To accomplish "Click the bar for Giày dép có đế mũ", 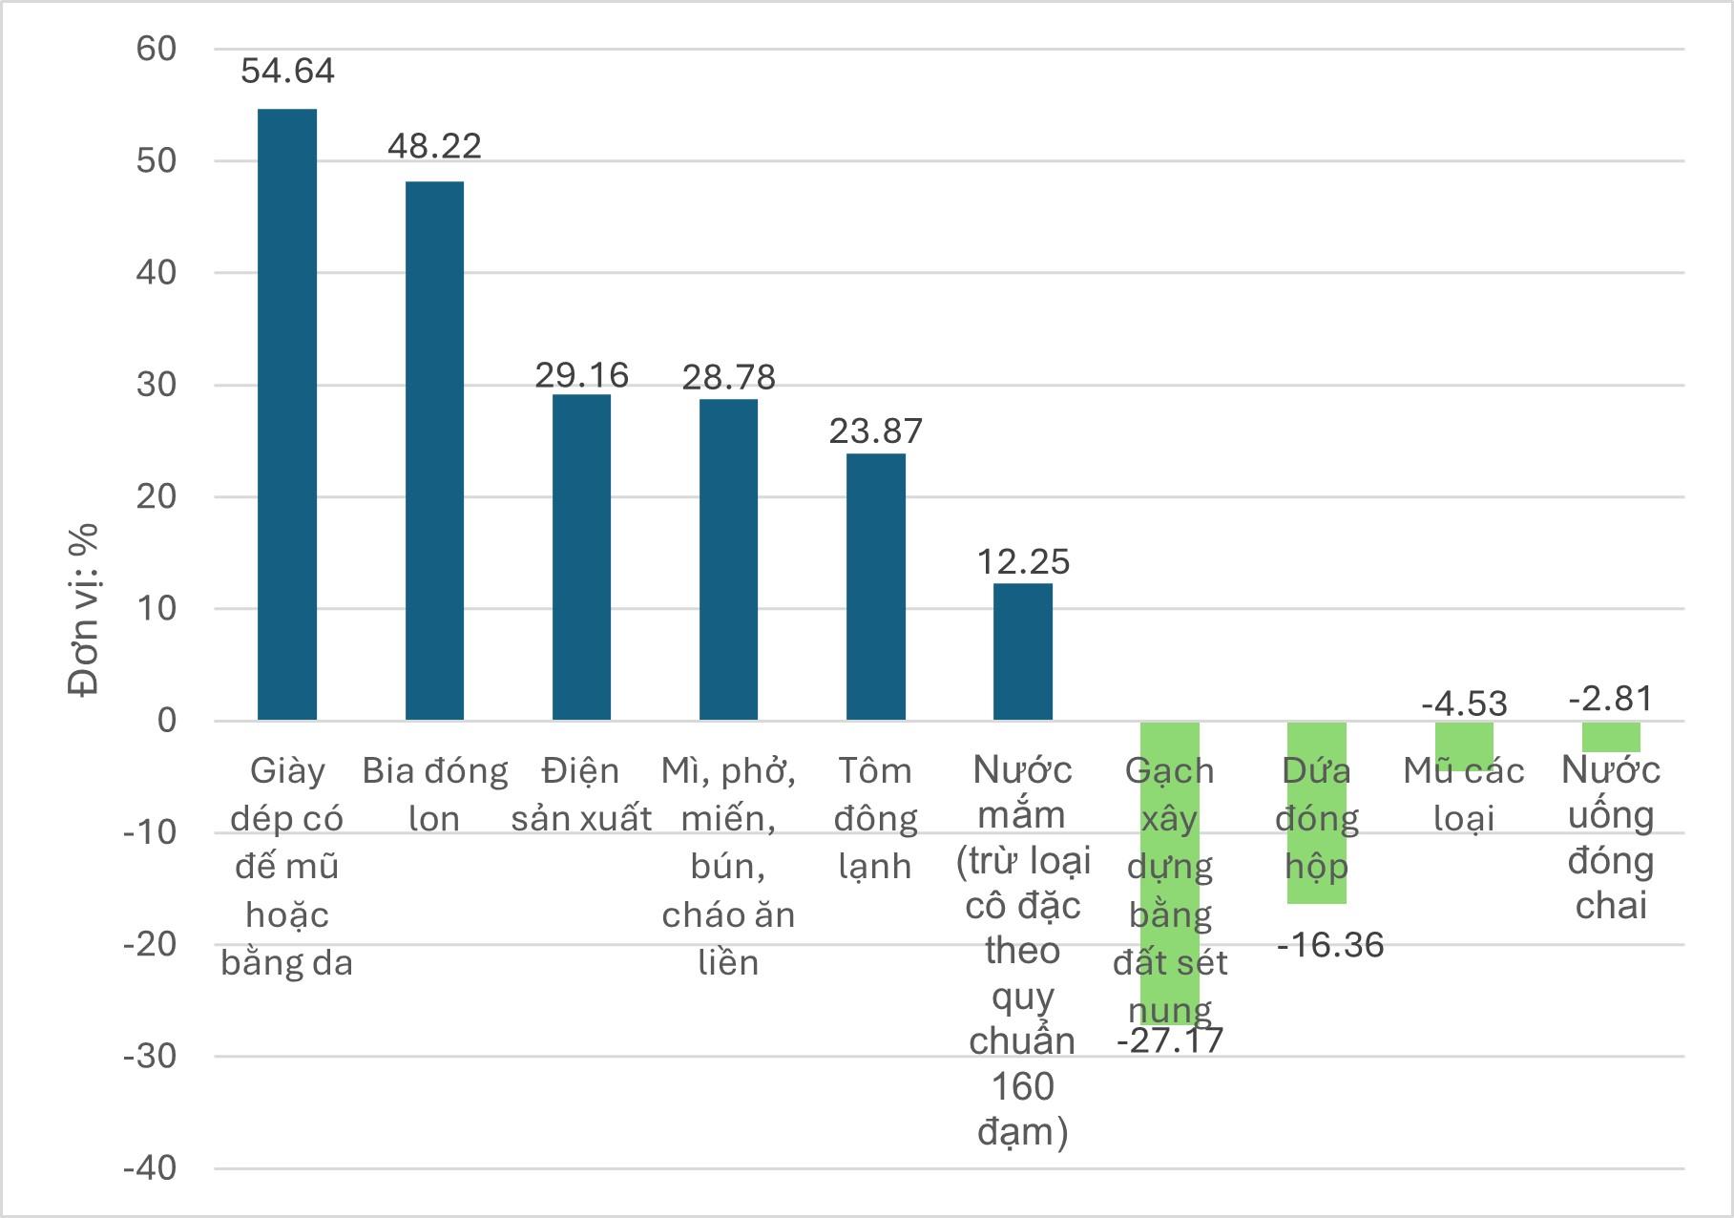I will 287,414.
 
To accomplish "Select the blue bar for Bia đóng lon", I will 434,450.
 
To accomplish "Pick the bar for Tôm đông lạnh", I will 875,586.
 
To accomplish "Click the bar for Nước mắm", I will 1022,651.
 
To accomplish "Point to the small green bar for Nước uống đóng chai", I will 1610,737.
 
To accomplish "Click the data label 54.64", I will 287,71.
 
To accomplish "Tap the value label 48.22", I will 434,146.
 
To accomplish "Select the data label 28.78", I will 728,377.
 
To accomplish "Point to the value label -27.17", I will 1169,1039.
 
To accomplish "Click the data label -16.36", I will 1329,945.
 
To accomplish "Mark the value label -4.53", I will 1463,703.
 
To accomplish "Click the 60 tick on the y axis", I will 157,49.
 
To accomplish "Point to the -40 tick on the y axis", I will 150,1167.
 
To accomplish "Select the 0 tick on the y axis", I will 167,720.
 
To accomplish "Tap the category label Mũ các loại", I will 1463,794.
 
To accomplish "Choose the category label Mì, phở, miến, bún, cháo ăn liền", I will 728,866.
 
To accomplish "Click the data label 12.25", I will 1022,561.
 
